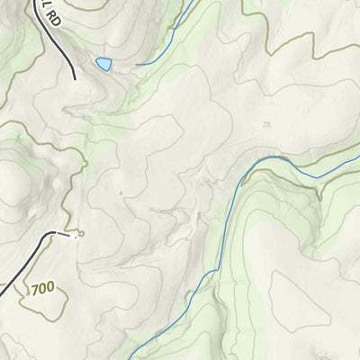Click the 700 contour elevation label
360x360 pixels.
(x=42, y=289)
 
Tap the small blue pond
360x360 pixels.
(x=103, y=64)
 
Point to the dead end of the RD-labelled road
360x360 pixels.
(x=74, y=77)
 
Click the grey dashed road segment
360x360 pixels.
(x=62, y=233)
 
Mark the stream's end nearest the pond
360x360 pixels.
(x=136, y=65)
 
